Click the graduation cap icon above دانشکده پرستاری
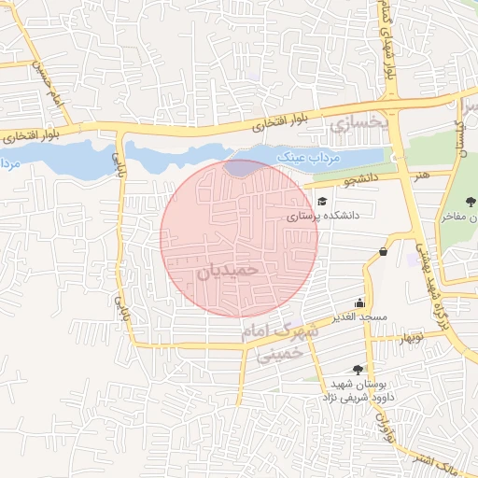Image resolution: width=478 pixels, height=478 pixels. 322,201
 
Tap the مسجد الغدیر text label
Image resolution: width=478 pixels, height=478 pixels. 357,317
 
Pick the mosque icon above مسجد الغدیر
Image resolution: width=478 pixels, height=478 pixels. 359,302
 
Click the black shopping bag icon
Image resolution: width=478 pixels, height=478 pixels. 384,251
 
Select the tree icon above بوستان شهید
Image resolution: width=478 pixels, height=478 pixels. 358,369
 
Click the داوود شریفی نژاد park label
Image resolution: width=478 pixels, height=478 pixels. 356,398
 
